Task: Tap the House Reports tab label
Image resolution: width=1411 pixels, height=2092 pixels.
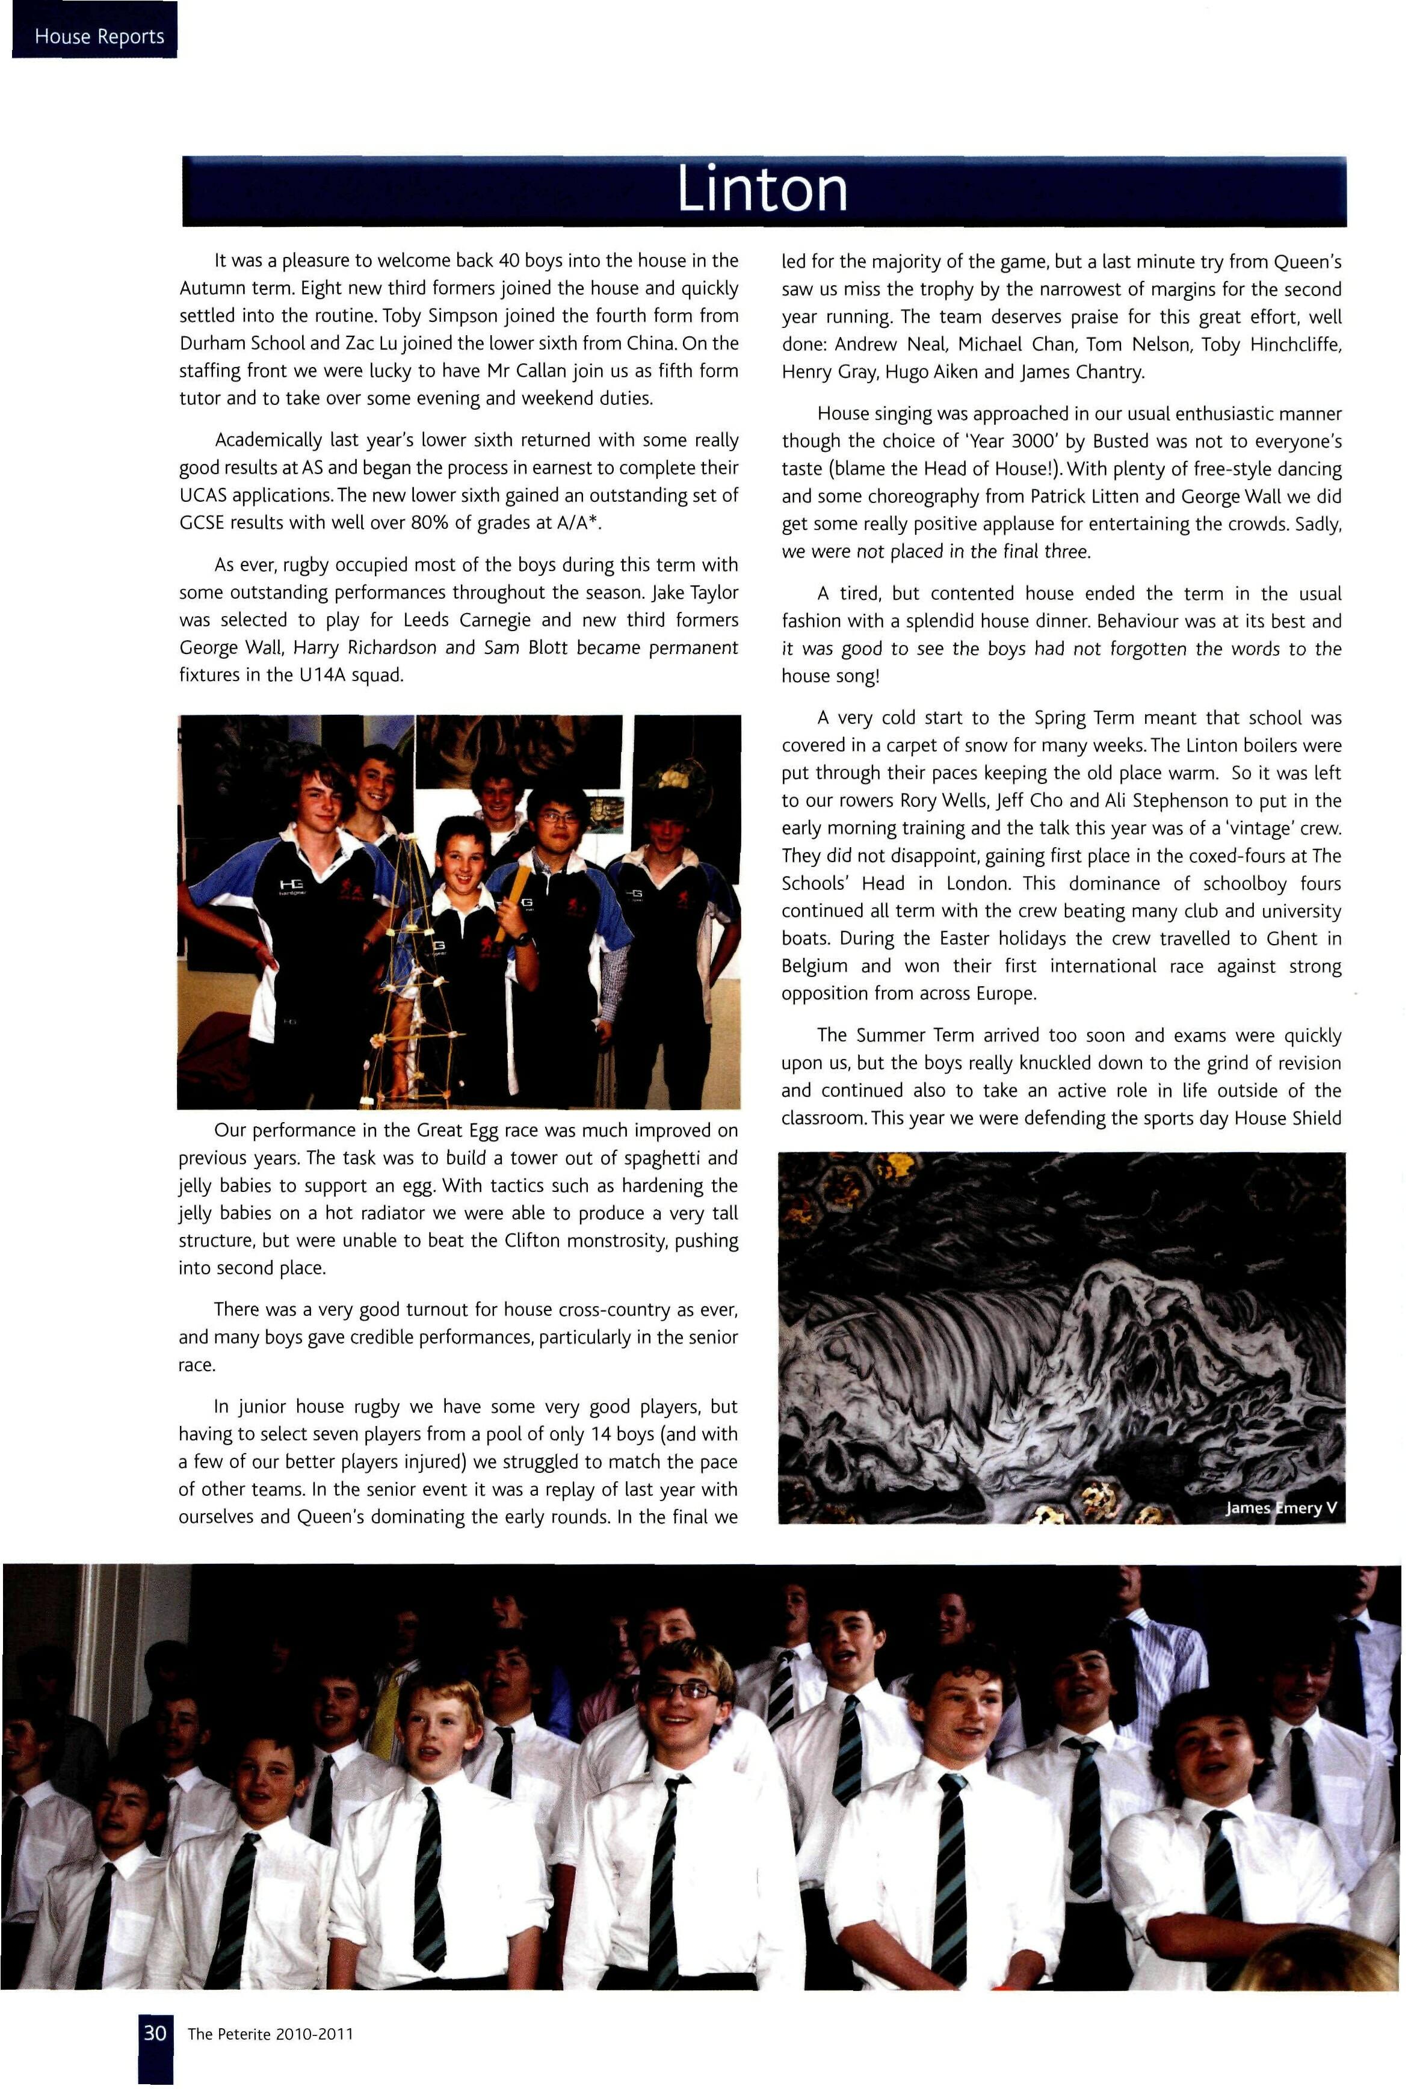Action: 99,37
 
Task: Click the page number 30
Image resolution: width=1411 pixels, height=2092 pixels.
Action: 155,2032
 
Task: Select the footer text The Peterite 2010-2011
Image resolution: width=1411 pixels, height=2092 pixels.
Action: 270,2034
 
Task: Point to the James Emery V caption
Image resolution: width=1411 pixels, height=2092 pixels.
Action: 1282,1507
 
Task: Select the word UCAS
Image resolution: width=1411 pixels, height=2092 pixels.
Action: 208,496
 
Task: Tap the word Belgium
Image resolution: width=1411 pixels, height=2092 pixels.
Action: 814,966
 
